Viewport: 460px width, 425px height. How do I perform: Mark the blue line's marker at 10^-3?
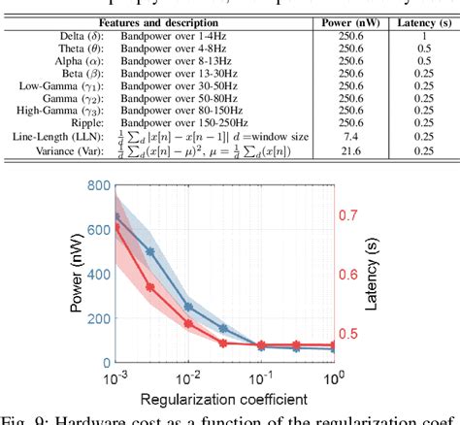(116, 217)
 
